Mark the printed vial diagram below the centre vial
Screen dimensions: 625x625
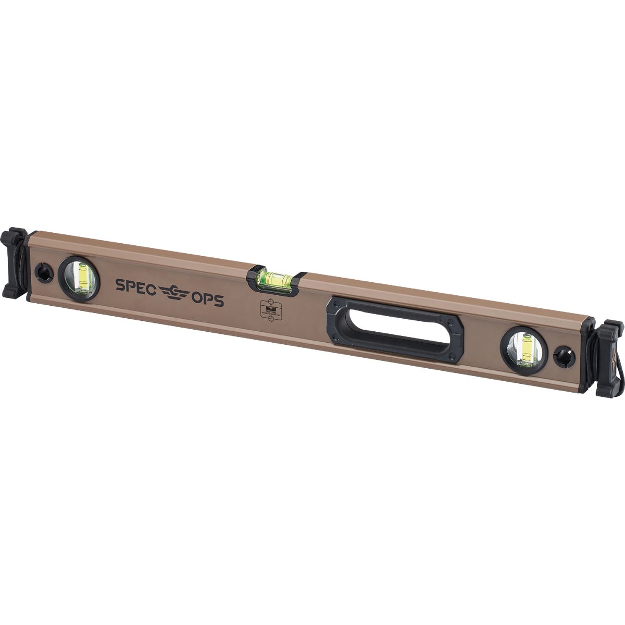(x=270, y=311)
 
